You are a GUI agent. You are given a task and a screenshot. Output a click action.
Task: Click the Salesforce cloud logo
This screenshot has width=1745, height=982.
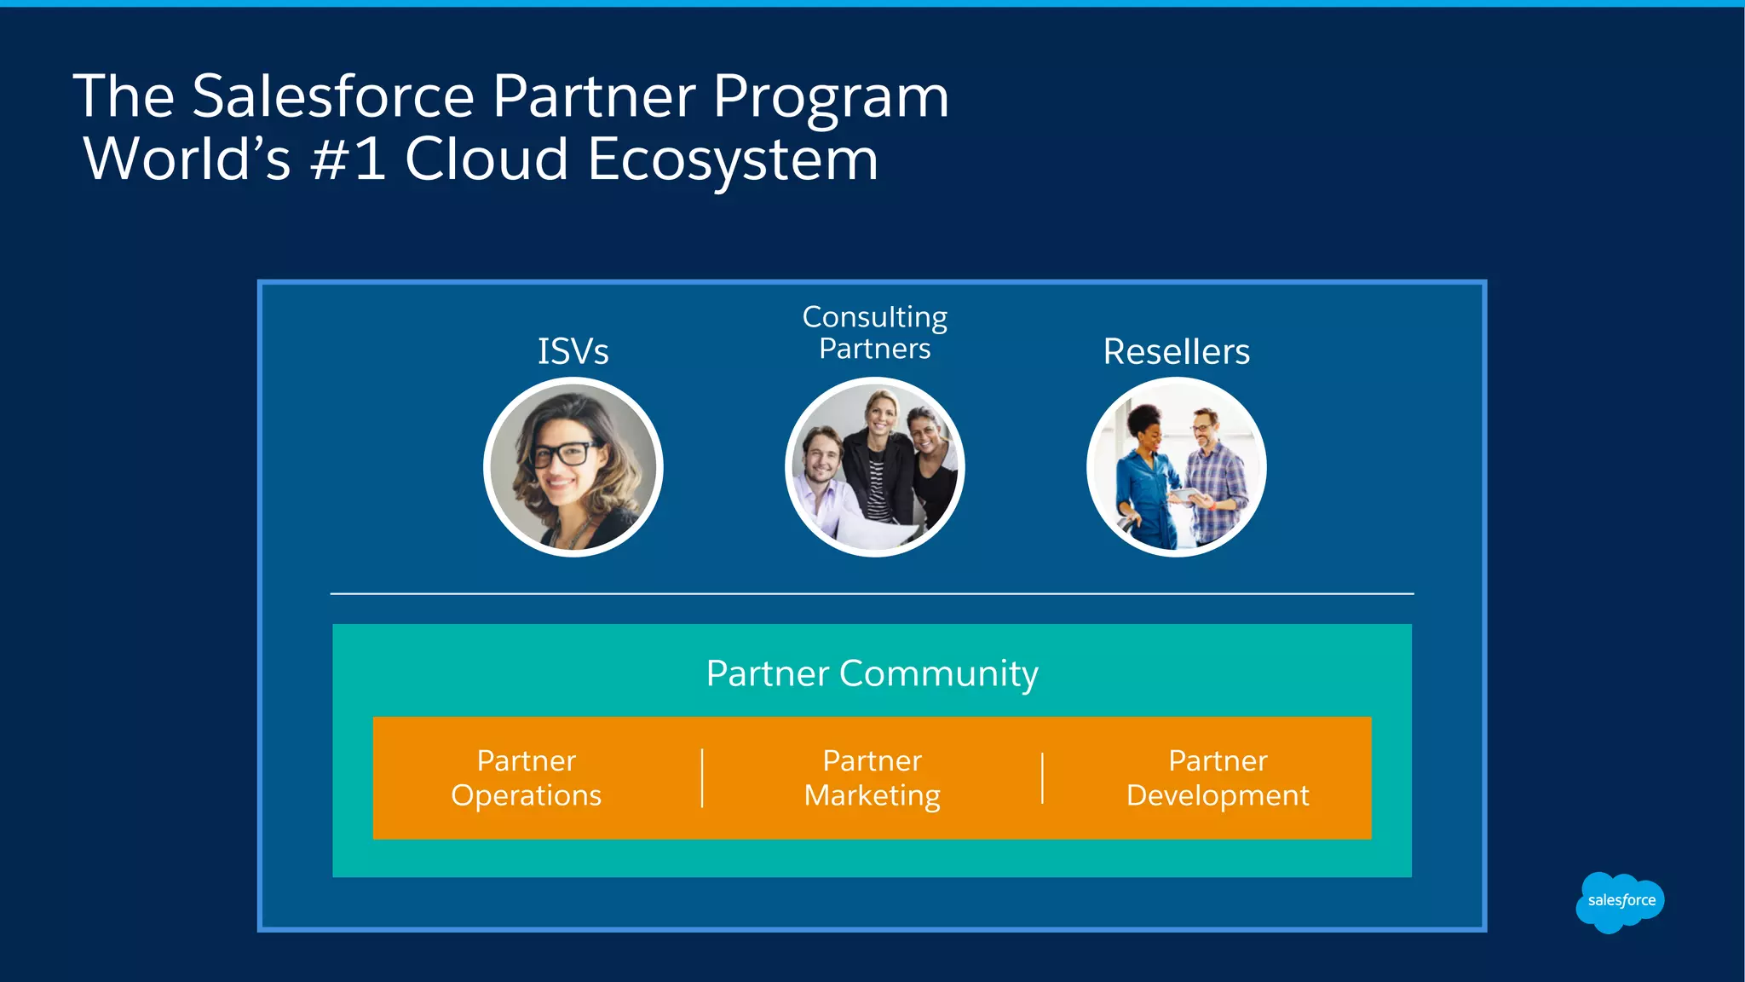point(1620,901)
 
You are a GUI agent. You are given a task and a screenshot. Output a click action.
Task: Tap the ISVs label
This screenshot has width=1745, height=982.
point(573,351)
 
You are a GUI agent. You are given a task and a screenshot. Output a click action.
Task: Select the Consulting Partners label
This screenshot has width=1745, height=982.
point(874,332)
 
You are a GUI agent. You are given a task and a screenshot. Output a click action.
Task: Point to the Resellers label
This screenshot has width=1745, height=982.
point(1176,351)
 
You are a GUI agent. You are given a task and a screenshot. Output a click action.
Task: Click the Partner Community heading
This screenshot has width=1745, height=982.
point(872,673)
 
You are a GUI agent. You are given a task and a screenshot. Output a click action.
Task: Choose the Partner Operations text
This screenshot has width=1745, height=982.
point(527,777)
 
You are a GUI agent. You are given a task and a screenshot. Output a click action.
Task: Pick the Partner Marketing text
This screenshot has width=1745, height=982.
point(872,777)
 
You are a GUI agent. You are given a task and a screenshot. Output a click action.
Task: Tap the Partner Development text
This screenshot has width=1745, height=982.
point(1217,777)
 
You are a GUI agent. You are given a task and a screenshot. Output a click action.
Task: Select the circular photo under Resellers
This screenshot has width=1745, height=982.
point(1176,467)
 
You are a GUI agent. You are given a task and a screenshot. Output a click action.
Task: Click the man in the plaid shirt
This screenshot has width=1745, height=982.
point(1214,477)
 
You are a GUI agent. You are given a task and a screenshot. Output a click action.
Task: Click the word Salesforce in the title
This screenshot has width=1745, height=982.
point(332,95)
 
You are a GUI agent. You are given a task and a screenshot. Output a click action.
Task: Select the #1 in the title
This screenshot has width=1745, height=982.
point(348,159)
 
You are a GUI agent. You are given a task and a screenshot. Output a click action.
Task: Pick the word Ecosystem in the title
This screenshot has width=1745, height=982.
point(732,159)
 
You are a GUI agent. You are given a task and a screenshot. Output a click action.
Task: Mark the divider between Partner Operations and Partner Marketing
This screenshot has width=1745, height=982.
point(702,777)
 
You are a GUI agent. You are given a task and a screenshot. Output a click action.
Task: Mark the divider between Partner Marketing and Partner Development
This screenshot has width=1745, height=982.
point(1042,777)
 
